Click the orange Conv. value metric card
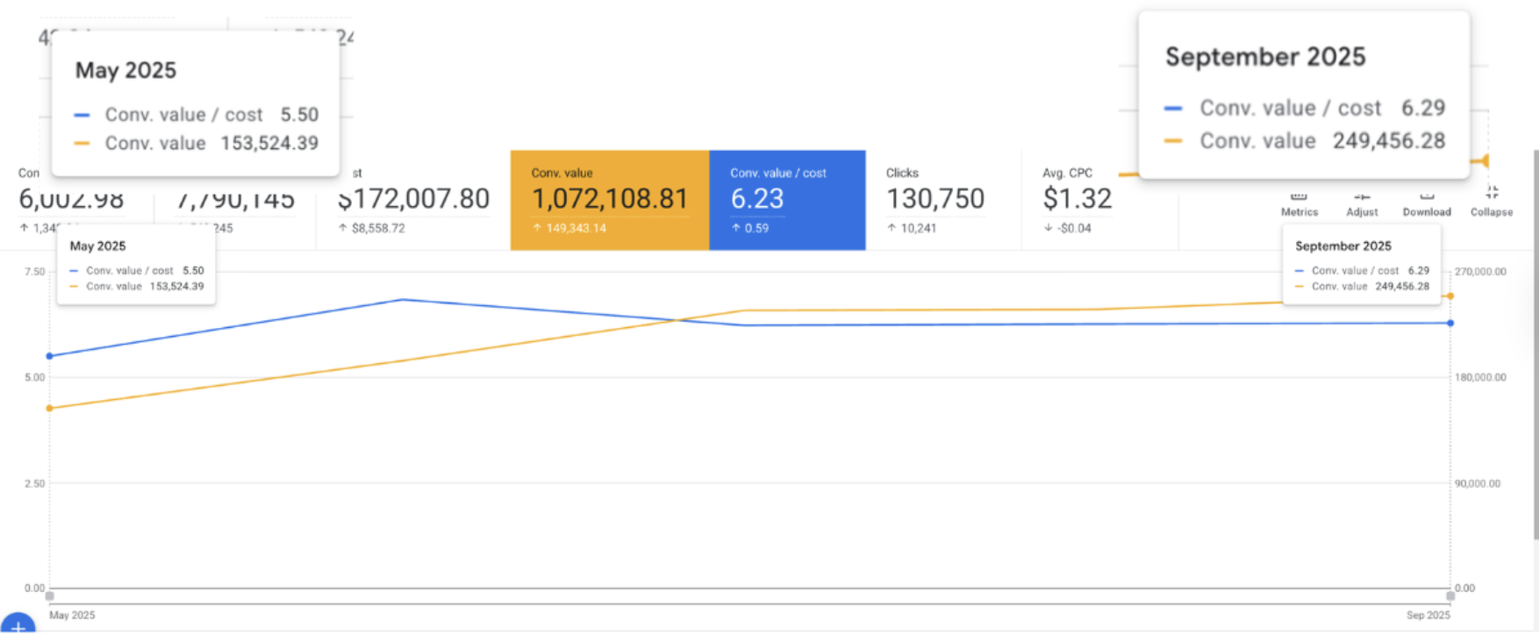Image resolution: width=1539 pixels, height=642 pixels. coord(609,200)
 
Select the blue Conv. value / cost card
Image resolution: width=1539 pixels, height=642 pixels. coord(786,200)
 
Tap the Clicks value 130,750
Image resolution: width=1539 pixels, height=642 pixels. coord(935,199)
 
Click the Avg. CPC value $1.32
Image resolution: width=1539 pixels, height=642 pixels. coord(1077,199)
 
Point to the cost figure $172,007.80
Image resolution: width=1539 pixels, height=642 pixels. coord(414,199)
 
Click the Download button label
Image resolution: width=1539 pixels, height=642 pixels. coord(1426,211)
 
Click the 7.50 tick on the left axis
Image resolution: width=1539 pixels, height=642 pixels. coord(34,272)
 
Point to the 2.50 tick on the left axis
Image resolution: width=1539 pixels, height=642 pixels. coord(34,483)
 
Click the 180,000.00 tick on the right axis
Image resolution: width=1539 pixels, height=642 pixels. coord(1480,377)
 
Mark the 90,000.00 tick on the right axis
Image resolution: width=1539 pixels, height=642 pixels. coord(1478,483)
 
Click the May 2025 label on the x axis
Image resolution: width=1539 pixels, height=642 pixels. coord(72,615)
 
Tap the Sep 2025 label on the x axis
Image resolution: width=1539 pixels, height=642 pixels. coord(1428,615)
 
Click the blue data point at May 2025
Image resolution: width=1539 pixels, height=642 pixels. coord(50,356)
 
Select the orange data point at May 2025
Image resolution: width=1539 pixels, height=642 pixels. coord(50,408)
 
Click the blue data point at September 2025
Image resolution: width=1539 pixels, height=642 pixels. coord(1450,323)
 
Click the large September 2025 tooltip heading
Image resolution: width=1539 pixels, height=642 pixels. coord(1265,57)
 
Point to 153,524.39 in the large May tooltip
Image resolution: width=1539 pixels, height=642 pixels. coord(269,143)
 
